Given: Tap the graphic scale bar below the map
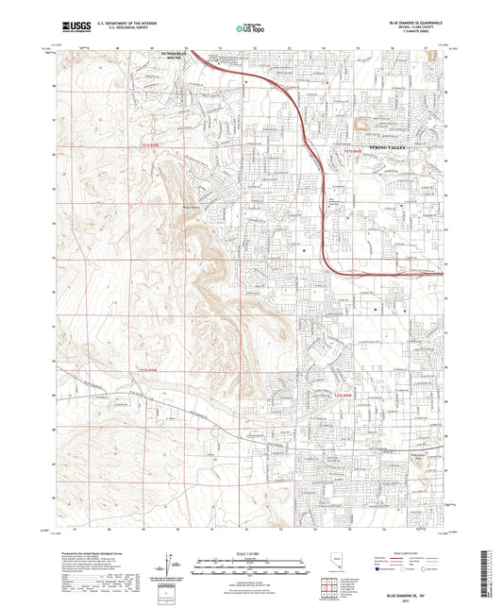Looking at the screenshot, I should pos(251,563).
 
